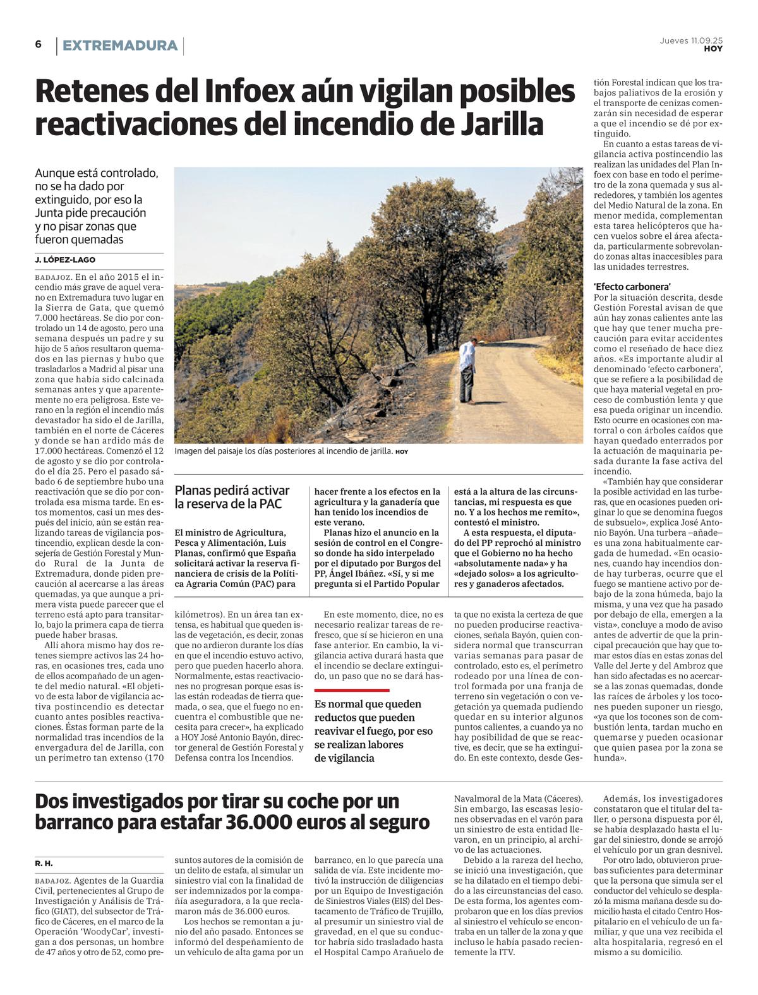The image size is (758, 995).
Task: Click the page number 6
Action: (39, 44)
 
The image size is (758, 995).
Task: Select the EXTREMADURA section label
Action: (120, 45)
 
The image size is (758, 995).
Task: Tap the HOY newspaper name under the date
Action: (713, 49)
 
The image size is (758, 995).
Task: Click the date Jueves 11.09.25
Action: (691, 40)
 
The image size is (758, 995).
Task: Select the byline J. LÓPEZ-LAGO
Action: (65, 260)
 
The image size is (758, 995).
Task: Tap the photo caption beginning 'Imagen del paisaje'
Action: (283, 451)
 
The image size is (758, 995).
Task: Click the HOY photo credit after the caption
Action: (402, 452)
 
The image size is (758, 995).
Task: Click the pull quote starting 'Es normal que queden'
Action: (373, 730)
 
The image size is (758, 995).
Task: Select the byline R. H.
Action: (43, 863)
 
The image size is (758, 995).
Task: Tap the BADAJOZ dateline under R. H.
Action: (53, 880)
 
